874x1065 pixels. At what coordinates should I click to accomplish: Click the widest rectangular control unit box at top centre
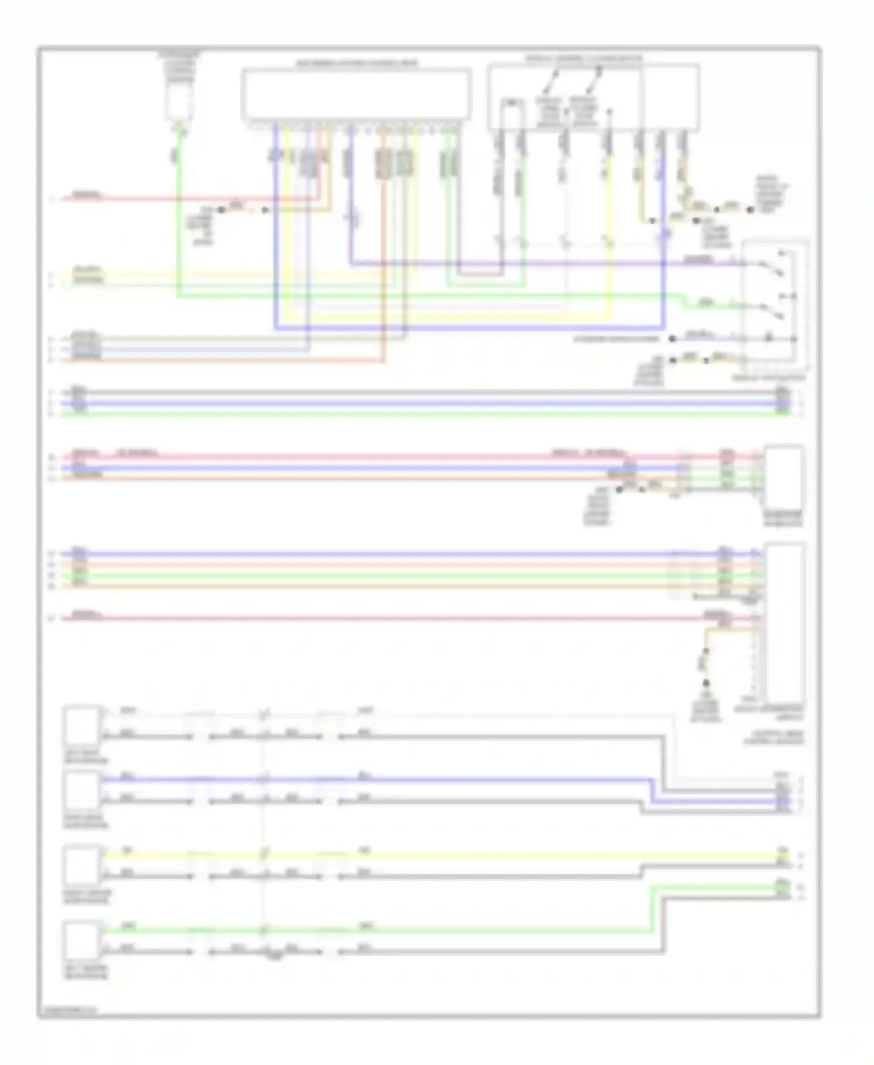356,94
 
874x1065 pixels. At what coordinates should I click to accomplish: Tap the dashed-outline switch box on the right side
774,306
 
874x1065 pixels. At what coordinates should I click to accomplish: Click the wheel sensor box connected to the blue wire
82,789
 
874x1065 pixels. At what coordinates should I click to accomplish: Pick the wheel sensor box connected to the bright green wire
82,940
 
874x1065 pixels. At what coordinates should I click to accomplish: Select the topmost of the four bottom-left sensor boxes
82,724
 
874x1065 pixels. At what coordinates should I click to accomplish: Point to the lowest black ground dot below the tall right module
706,683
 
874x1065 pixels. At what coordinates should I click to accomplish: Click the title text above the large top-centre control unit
356,62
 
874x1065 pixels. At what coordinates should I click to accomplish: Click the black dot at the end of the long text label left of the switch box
672,338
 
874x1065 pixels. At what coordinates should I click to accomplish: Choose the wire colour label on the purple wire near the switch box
698,259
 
